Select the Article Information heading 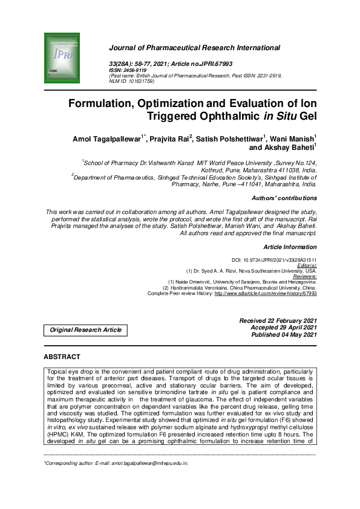(x=290, y=247)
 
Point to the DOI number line (x=283, y=259)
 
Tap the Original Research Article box (x=85, y=330)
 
